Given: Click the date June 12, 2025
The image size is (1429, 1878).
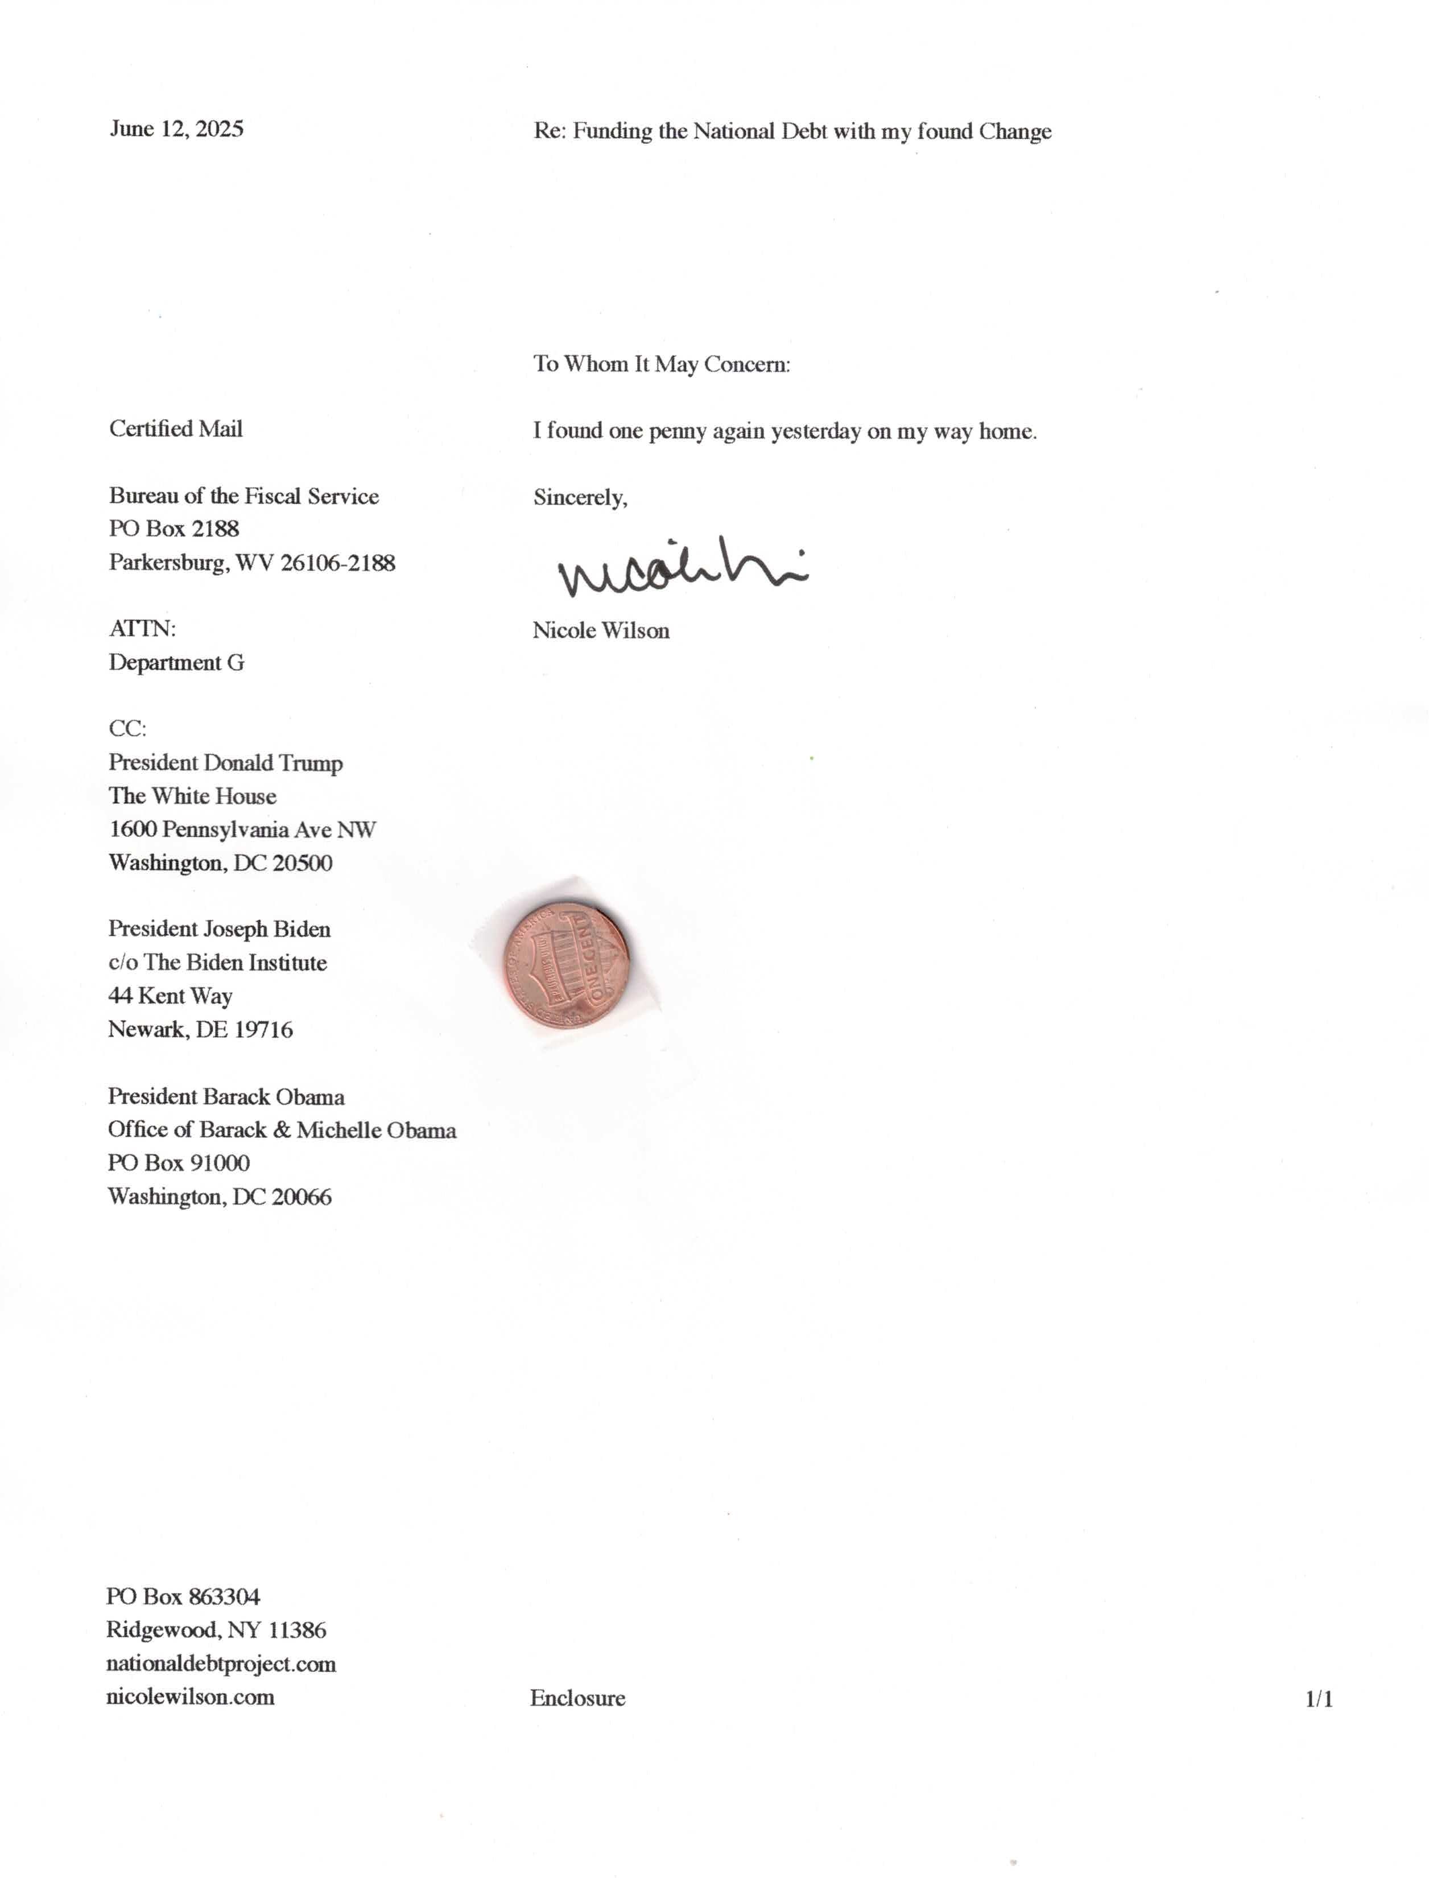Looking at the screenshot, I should click(176, 129).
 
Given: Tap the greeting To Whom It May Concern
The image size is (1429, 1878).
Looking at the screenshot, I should click(662, 364).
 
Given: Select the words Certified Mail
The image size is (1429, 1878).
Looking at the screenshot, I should click(175, 428).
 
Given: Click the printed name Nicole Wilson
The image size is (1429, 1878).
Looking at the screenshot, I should click(601, 630).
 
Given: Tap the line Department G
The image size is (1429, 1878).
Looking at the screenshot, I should click(176, 663).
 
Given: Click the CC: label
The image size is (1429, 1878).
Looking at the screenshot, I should click(127, 729).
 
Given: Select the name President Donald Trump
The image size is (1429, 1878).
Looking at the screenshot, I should click(225, 763).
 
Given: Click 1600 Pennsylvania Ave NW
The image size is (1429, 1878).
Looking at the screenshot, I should click(242, 829).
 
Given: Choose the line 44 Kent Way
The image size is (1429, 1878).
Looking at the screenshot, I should click(170, 996).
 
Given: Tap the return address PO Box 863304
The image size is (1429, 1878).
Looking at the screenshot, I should click(183, 1596).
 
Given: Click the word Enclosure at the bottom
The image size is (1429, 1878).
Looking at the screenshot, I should click(577, 1699).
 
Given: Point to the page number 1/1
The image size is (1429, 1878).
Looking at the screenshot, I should click(1319, 1699).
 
